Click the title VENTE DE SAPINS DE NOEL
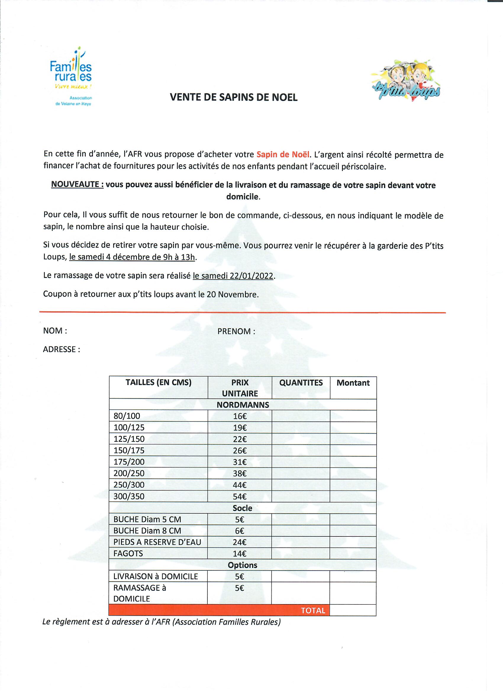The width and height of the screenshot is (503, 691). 233,97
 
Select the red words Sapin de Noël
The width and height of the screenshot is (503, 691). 283,155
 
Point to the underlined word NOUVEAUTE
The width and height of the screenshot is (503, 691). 77,185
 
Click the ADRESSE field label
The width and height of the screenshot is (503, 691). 61,349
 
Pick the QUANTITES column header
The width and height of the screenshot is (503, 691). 301,383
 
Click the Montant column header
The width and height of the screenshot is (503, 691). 353,383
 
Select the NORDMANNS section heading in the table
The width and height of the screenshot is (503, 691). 243,405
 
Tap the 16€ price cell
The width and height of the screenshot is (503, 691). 240,416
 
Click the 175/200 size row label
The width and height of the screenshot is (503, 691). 129,462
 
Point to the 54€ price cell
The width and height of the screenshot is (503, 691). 240,497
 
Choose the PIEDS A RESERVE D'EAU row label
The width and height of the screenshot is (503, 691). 157,542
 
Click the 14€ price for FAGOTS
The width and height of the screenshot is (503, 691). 240,554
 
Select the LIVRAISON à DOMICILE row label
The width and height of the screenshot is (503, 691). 156,576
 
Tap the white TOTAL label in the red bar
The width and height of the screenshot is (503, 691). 313,611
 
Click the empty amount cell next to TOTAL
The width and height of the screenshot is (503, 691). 353,610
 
